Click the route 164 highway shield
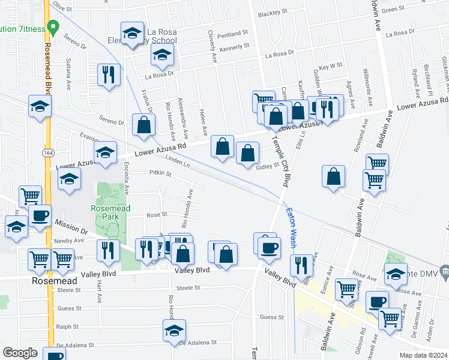pos(47,153)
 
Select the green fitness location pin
pos(53,27)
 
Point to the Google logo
pos(20,353)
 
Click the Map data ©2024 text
pos(423,355)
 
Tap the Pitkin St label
pos(160,173)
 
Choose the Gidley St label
pos(268,166)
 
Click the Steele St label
pos(188,288)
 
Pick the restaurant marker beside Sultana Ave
pos(109,75)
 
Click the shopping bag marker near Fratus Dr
pos(144,125)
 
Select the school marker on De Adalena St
pos(174,331)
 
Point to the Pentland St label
pos(234,34)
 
